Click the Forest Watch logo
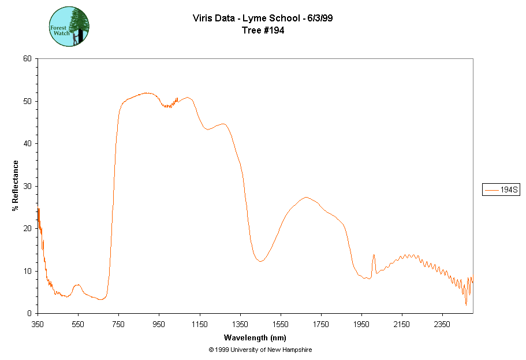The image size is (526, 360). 69,27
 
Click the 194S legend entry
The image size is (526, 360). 501,190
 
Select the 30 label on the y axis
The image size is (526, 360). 27,186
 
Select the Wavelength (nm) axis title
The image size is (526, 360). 255,337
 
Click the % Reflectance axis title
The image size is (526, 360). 16,185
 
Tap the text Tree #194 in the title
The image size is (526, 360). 263,31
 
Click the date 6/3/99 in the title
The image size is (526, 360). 320,18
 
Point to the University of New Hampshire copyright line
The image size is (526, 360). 260,350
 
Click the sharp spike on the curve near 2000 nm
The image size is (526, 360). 374,255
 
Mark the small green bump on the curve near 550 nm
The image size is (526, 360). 77,285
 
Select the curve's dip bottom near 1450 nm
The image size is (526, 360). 261,261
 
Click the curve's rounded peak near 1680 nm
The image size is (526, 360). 306,198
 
